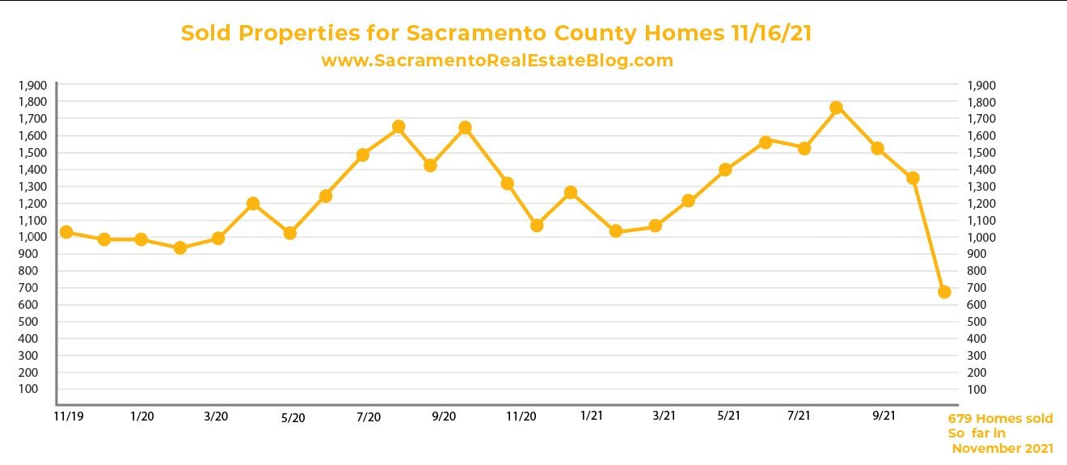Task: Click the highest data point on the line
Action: [837, 108]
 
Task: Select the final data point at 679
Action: [944, 292]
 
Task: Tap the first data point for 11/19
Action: [66, 232]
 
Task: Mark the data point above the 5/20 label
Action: [290, 233]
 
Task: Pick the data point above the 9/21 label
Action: [877, 148]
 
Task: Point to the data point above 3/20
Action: [217, 238]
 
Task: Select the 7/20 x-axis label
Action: [368, 417]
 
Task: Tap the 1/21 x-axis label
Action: [592, 416]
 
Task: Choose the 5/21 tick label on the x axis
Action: [728, 416]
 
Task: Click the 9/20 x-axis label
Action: [444, 417]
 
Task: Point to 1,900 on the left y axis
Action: [32, 85]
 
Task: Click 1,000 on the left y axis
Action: [32, 237]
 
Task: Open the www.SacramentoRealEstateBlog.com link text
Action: [497, 61]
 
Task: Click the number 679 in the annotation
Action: [959, 419]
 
